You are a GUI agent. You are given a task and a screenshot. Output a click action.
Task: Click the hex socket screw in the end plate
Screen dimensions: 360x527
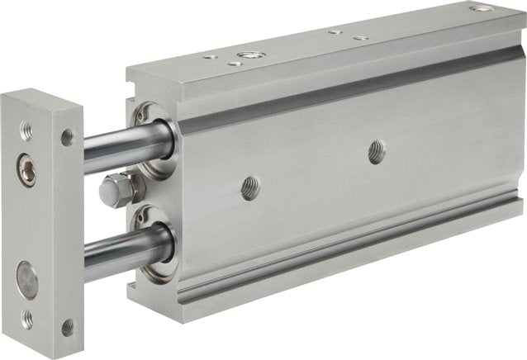[x=27, y=170]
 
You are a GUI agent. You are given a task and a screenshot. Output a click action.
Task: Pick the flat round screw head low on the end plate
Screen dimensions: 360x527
[x=26, y=279]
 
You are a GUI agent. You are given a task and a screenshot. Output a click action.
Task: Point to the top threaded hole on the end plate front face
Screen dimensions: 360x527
[x=26, y=130]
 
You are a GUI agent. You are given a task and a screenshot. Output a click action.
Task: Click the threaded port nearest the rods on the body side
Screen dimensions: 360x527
[x=250, y=187]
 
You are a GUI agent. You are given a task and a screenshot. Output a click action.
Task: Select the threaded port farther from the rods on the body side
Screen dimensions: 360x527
[x=377, y=151]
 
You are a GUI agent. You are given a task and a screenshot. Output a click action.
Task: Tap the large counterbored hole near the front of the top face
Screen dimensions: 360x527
[x=247, y=56]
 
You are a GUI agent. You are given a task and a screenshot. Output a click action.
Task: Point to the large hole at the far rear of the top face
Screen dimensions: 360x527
[x=481, y=9]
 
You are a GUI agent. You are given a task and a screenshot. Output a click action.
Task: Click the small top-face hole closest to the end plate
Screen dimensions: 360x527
[x=210, y=58]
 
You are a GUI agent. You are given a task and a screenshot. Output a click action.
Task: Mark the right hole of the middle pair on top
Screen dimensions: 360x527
[x=360, y=37]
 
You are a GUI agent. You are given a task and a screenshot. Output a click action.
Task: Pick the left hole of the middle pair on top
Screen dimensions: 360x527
[x=335, y=32]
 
